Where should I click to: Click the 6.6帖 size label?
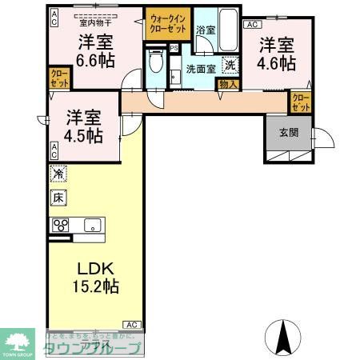[x=94, y=58]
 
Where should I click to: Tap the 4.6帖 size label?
[x=276, y=61]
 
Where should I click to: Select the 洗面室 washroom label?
[x=201, y=69]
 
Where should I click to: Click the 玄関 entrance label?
[x=290, y=133]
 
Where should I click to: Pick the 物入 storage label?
[x=227, y=83]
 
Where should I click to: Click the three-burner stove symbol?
[x=61, y=225]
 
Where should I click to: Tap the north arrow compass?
[x=284, y=337]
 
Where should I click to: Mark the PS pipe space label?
[x=174, y=48]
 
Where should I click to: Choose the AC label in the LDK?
[x=131, y=324]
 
